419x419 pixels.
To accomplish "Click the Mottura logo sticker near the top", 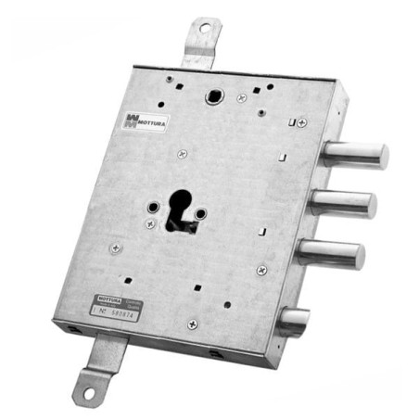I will pyautogui.click(x=144, y=121).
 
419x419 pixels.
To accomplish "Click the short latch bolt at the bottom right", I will pyautogui.click(x=295, y=320).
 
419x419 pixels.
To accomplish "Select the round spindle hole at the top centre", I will pyautogui.click(x=215, y=96).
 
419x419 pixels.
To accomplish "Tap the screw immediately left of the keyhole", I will pyautogui.click(x=149, y=223).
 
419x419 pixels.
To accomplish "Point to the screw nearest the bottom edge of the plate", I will pyautogui.click(x=192, y=324).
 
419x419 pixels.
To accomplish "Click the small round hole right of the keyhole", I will pyautogui.click(x=199, y=214).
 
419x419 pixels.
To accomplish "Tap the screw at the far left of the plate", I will pyautogui.click(x=115, y=248).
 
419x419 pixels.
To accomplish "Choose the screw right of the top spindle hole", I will pyautogui.click(x=242, y=97).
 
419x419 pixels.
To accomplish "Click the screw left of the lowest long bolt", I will pyautogui.click(x=261, y=270).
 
